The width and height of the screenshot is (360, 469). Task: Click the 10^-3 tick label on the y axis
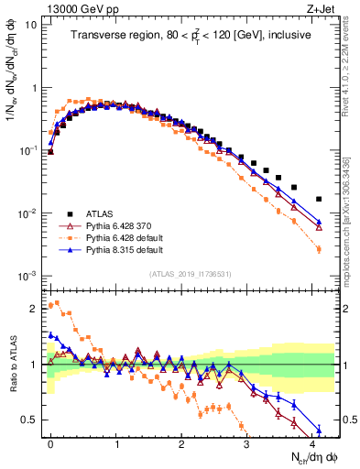[x=27, y=276]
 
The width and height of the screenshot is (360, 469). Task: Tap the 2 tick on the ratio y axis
[x=34, y=309]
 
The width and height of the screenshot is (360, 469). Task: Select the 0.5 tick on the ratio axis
[x=30, y=420]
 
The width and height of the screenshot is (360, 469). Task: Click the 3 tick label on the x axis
[x=247, y=442]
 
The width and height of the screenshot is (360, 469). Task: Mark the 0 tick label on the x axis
[x=50, y=442]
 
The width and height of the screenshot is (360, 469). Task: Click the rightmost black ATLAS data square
[x=319, y=199]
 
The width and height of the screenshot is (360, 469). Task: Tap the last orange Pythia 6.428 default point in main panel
[x=319, y=249]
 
